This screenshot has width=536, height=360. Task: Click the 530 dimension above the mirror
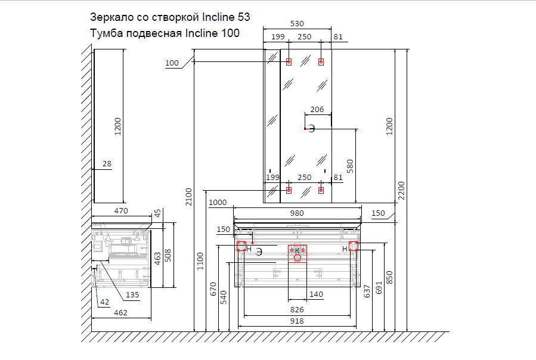(297, 24)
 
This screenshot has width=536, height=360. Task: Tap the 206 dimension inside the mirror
(317, 109)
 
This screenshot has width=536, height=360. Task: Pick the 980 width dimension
(297, 213)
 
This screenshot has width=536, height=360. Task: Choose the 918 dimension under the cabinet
(297, 321)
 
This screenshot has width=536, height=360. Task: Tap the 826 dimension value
(297, 310)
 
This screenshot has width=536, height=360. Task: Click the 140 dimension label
(316, 294)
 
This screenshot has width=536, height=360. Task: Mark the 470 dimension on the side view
(121, 210)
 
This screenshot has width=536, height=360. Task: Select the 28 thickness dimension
(107, 163)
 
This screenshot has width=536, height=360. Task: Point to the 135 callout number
(132, 294)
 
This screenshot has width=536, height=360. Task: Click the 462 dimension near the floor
(121, 312)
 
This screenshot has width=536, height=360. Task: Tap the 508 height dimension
(169, 255)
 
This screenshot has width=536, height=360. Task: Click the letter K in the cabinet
(297, 251)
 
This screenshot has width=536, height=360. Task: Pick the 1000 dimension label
(219, 203)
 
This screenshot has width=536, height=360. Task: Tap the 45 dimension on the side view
(157, 213)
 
